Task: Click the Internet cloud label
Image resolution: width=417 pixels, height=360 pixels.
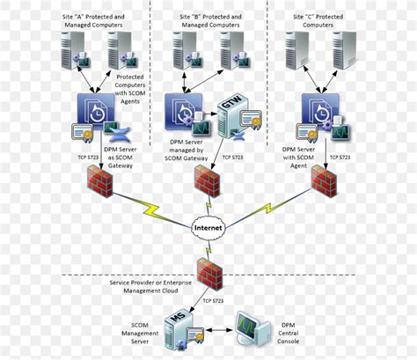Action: click(x=208, y=227)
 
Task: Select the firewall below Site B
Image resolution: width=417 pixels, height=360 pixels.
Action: click(x=208, y=182)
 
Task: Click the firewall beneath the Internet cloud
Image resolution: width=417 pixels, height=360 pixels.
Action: click(x=208, y=274)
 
